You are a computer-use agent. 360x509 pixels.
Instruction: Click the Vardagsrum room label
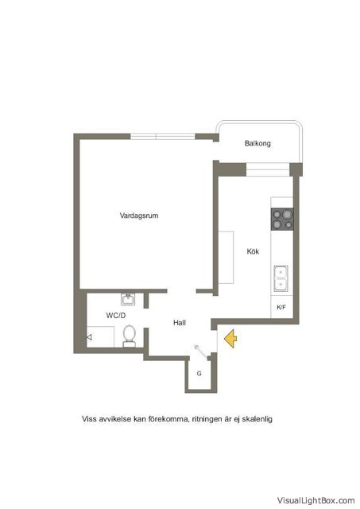(139, 216)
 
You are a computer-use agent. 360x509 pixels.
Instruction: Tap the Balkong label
(257, 143)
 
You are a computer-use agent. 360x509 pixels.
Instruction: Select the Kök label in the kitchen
(253, 251)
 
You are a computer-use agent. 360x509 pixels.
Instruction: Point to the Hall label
(180, 323)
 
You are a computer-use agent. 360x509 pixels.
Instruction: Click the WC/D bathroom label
(116, 316)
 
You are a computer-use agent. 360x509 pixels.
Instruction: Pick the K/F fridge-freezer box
(282, 307)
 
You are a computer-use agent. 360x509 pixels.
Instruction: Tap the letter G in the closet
(199, 374)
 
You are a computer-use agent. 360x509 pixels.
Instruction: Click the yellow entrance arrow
(230, 339)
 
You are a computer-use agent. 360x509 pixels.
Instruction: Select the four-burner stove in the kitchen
(282, 220)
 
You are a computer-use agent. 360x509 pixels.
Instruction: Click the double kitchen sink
(281, 278)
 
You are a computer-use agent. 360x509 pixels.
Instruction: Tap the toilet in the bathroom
(129, 336)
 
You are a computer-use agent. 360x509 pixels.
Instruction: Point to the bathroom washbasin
(128, 299)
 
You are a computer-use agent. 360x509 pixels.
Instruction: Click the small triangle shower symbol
(89, 337)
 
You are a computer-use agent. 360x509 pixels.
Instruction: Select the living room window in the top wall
(162, 137)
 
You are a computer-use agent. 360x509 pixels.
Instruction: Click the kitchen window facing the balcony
(268, 169)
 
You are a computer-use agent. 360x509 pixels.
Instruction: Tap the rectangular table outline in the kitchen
(226, 258)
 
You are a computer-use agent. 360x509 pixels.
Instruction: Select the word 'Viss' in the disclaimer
(89, 419)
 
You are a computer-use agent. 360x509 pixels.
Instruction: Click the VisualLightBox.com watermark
(315, 500)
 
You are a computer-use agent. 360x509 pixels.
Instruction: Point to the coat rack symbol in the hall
(201, 352)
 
